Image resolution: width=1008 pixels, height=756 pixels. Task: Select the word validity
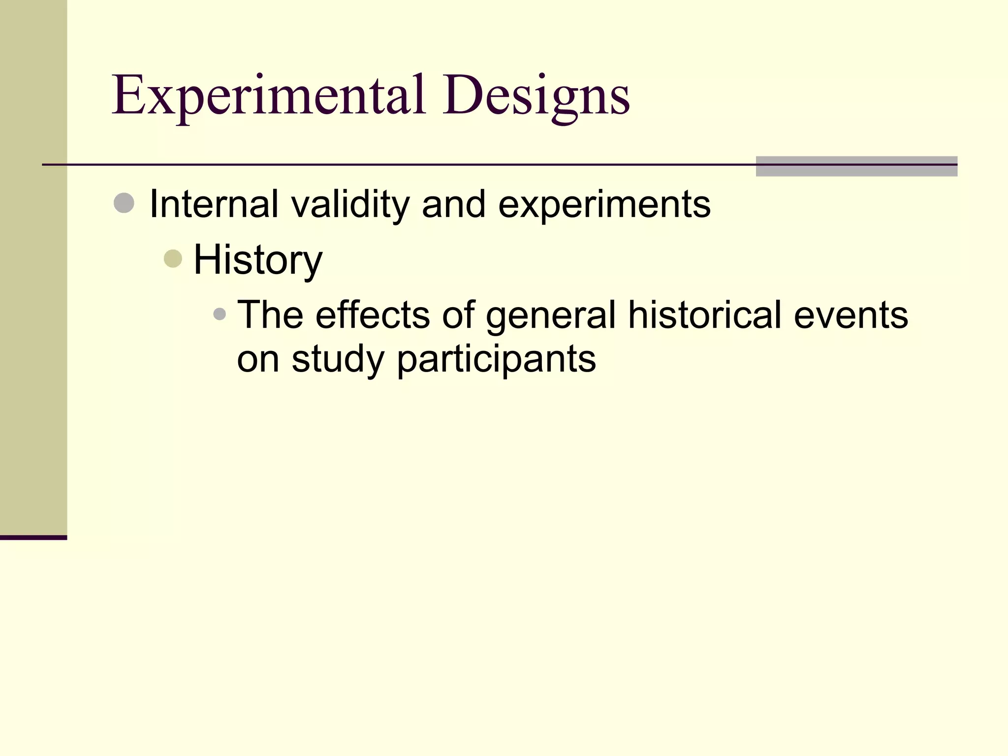pyautogui.click(x=350, y=205)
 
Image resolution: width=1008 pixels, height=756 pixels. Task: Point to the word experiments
pyautogui.click(x=604, y=205)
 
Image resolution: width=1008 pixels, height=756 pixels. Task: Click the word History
pyautogui.click(x=258, y=260)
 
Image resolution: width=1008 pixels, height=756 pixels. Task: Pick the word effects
pyautogui.click(x=372, y=315)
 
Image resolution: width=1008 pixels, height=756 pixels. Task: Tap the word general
pyautogui.click(x=551, y=316)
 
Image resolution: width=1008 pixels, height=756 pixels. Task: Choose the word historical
pyautogui.click(x=704, y=315)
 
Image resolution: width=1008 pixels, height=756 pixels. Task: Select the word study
pyautogui.click(x=338, y=359)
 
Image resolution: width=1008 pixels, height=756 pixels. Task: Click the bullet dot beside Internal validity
pyautogui.click(x=124, y=203)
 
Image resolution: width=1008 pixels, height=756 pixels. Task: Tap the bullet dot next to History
pyautogui.click(x=173, y=258)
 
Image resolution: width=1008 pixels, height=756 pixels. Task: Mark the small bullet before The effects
pyautogui.click(x=220, y=314)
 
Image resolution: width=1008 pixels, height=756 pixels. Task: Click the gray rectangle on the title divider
pyautogui.click(x=856, y=166)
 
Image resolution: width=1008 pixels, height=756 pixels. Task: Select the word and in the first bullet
pyautogui.click(x=453, y=204)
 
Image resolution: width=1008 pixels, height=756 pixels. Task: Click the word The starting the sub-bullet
pyautogui.click(x=270, y=315)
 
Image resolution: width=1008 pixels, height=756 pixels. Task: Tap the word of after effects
pyautogui.click(x=458, y=315)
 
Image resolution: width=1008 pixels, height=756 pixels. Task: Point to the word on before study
pyautogui.click(x=258, y=359)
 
